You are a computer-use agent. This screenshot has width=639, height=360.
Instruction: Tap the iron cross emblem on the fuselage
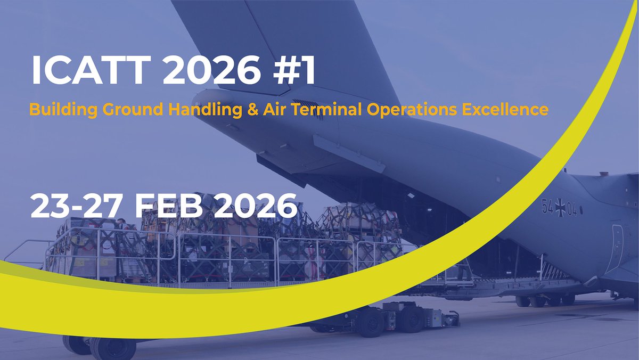click(x=560, y=209)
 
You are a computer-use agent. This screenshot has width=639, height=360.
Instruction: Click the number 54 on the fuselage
click(x=547, y=208)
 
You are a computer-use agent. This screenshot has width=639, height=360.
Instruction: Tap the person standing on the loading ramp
click(x=464, y=269)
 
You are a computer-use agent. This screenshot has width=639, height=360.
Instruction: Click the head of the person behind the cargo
click(x=121, y=221)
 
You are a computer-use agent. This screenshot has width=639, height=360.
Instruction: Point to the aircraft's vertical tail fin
click(x=298, y=43)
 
